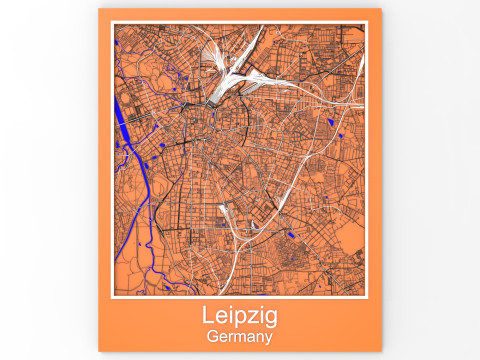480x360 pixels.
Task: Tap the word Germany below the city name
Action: (239, 337)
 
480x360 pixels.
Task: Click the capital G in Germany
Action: (212, 337)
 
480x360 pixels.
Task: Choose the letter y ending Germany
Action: (268, 339)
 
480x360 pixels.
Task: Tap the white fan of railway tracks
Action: (228, 75)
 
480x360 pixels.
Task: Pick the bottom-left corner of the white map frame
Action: (113, 298)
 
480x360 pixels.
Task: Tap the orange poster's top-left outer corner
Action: (99, 9)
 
